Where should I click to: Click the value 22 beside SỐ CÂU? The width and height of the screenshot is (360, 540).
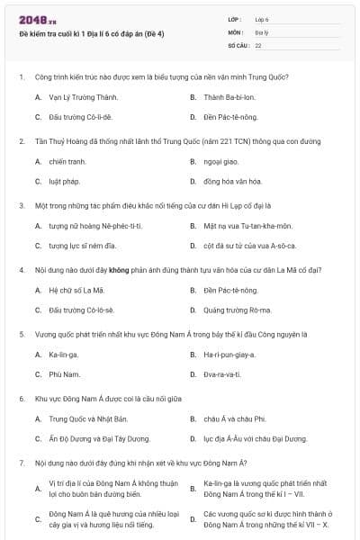[258, 44]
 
